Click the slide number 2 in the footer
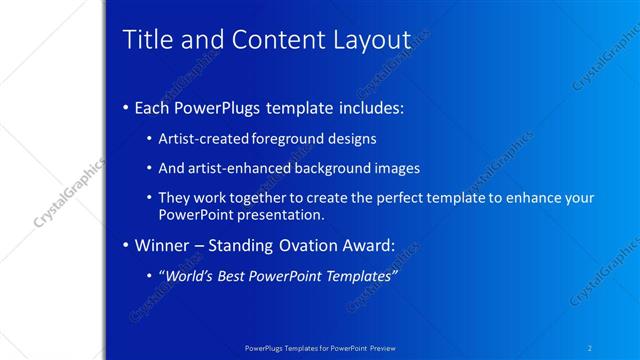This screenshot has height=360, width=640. (x=591, y=349)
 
